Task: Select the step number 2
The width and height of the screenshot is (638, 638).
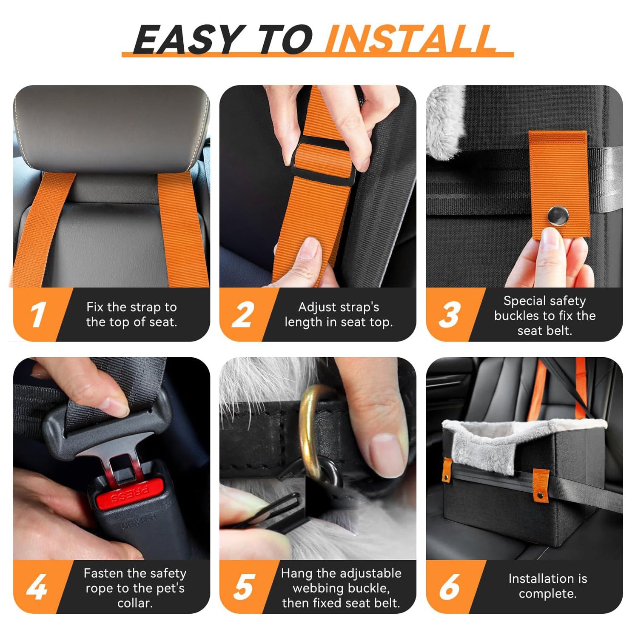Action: pyautogui.click(x=243, y=315)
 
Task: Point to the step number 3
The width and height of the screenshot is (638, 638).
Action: pyautogui.click(x=449, y=315)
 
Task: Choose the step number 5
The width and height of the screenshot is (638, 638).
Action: pyautogui.click(x=244, y=587)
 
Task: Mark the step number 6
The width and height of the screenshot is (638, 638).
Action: pyautogui.click(x=449, y=587)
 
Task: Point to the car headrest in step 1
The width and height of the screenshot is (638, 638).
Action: pyautogui.click(x=111, y=128)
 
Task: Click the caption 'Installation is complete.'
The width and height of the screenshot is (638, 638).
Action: pyautogui.click(x=547, y=586)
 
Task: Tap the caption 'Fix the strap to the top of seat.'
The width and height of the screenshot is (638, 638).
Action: pyautogui.click(x=131, y=314)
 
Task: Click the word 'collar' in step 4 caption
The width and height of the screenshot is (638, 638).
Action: pyautogui.click(x=134, y=603)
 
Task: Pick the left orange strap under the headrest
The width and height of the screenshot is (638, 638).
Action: pyautogui.click(x=43, y=230)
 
